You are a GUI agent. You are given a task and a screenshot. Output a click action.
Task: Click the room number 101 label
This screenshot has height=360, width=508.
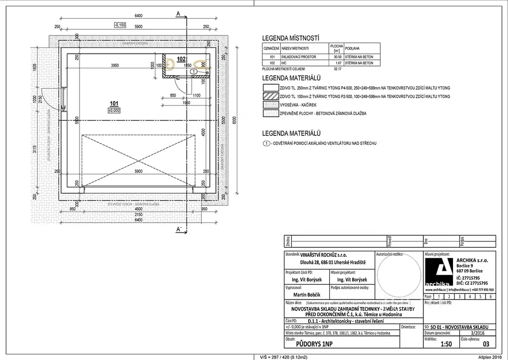point(114,103)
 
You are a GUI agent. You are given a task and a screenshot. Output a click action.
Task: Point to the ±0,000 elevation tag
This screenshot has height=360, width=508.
point(115,110)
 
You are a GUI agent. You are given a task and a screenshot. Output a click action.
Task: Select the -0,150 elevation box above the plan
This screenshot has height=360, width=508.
point(120,24)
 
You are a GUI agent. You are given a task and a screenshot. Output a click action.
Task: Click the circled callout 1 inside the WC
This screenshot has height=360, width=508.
point(194,72)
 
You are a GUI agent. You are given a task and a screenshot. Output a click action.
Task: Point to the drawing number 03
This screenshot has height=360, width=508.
point(486,343)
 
